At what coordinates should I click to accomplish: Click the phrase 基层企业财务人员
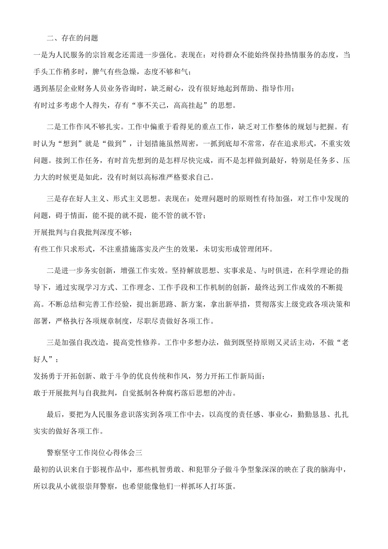[x=78, y=89]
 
